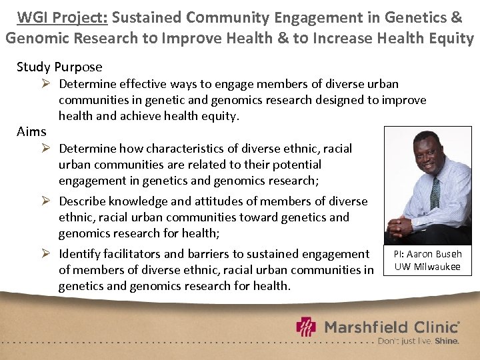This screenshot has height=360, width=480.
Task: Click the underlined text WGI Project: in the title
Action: coord(62,16)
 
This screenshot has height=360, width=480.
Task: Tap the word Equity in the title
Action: coord(449,37)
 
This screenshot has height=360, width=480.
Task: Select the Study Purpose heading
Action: coord(59,67)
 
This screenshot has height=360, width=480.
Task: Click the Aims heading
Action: coord(31,131)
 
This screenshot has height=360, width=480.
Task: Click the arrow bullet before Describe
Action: coord(48,201)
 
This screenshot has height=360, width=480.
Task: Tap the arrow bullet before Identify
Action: coord(48,254)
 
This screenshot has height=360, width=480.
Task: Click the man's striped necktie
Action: coord(435,191)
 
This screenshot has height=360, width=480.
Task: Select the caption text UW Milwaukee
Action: coord(427,267)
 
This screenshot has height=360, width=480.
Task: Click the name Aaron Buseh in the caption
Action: coord(435,254)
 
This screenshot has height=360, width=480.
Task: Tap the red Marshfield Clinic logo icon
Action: coord(307,328)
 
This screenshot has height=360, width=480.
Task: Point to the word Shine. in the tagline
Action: coord(446,341)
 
